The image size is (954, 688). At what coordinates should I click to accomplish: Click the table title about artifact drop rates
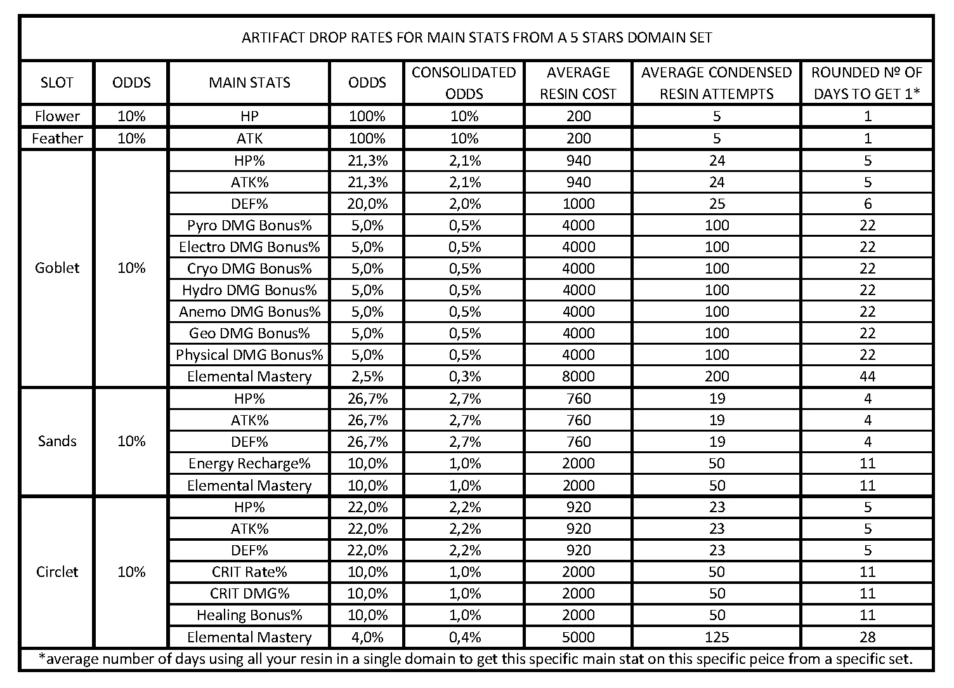point(476,37)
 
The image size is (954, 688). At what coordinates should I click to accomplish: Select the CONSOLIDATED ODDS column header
point(464,83)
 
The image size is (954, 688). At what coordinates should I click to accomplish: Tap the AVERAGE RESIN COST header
point(578,83)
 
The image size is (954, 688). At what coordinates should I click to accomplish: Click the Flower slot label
point(57,116)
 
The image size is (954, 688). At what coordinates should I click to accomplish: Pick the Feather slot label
point(57,138)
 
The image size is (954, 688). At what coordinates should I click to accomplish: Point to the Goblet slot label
point(57,268)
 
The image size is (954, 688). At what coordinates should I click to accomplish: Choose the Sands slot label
point(57,441)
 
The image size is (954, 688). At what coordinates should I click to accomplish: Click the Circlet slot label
point(57,572)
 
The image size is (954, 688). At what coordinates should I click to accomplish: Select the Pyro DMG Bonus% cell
point(249,225)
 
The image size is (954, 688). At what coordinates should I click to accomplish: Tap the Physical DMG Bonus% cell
point(249,355)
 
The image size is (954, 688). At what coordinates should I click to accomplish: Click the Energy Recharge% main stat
point(249,463)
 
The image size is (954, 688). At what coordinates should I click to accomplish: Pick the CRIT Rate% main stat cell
point(249,572)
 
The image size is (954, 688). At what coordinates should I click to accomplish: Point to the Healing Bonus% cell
point(249,615)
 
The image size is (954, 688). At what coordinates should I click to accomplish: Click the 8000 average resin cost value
point(578,376)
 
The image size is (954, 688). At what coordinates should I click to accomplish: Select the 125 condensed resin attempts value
point(716,637)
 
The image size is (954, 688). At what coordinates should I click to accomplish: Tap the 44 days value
point(867,376)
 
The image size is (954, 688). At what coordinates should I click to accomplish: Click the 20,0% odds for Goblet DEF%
point(367,204)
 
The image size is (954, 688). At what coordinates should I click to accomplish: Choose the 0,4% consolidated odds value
point(464,637)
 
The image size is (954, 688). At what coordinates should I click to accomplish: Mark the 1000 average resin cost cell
point(578,204)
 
